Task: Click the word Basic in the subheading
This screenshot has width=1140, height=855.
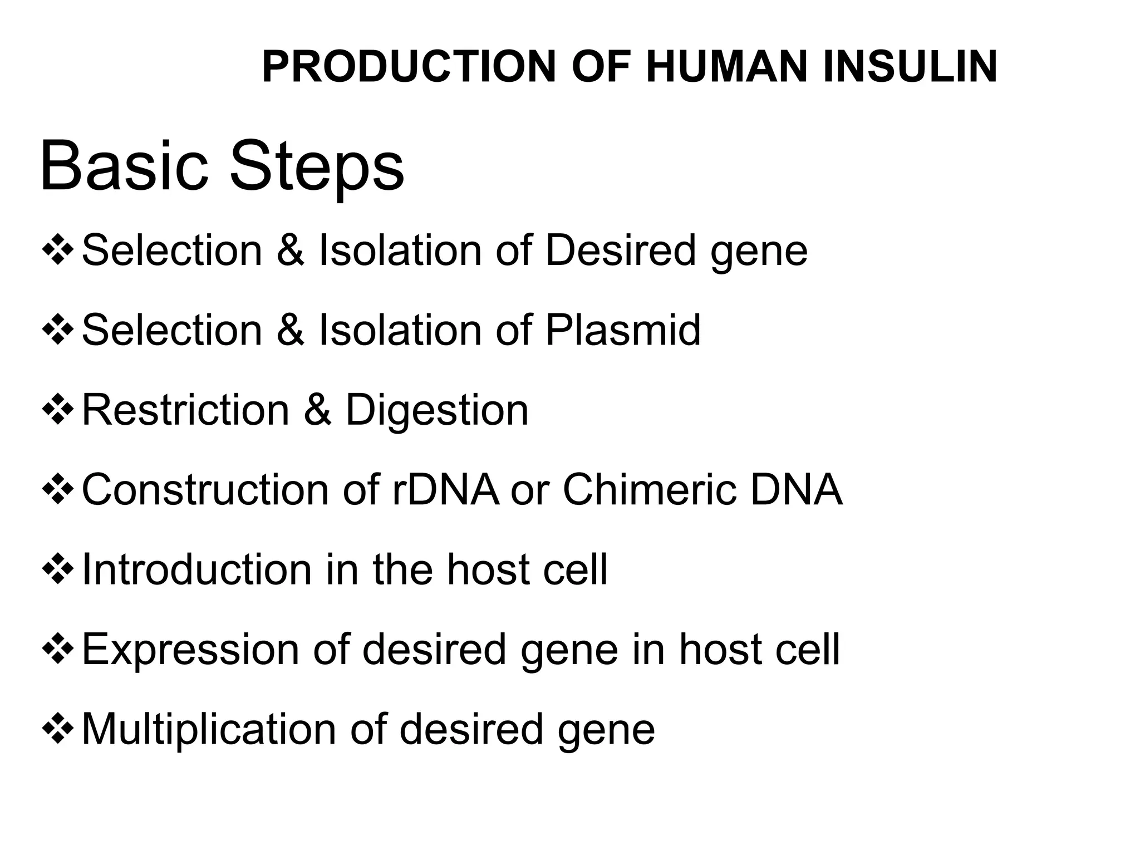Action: [124, 167]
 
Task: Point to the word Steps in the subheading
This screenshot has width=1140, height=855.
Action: [317, 167]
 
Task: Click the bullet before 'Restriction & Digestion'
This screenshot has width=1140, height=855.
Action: [58, 410]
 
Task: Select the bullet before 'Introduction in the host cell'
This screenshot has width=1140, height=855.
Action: [58, 570]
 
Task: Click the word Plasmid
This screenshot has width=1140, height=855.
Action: [623, 330]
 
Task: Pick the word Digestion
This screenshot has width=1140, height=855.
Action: [437, 410]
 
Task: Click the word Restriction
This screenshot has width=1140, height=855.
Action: [186, 410]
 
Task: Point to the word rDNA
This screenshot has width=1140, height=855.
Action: [445, 490]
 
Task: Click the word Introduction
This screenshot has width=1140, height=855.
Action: [196, 570]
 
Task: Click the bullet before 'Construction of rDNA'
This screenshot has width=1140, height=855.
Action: [58, 490]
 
